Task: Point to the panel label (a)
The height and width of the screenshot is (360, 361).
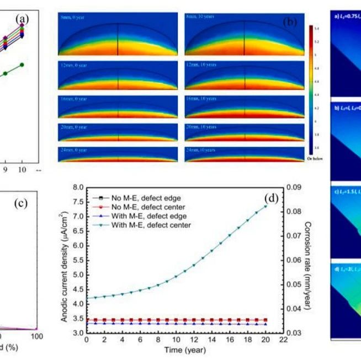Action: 22,20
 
